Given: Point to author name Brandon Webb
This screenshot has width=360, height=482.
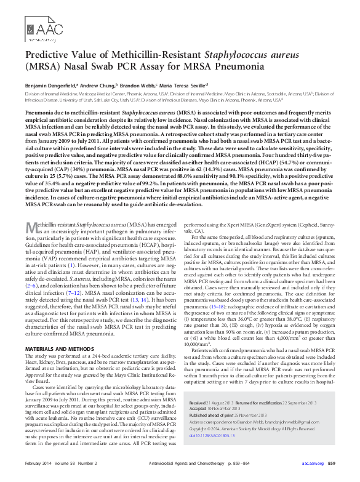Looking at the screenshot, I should pos(138,85).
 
